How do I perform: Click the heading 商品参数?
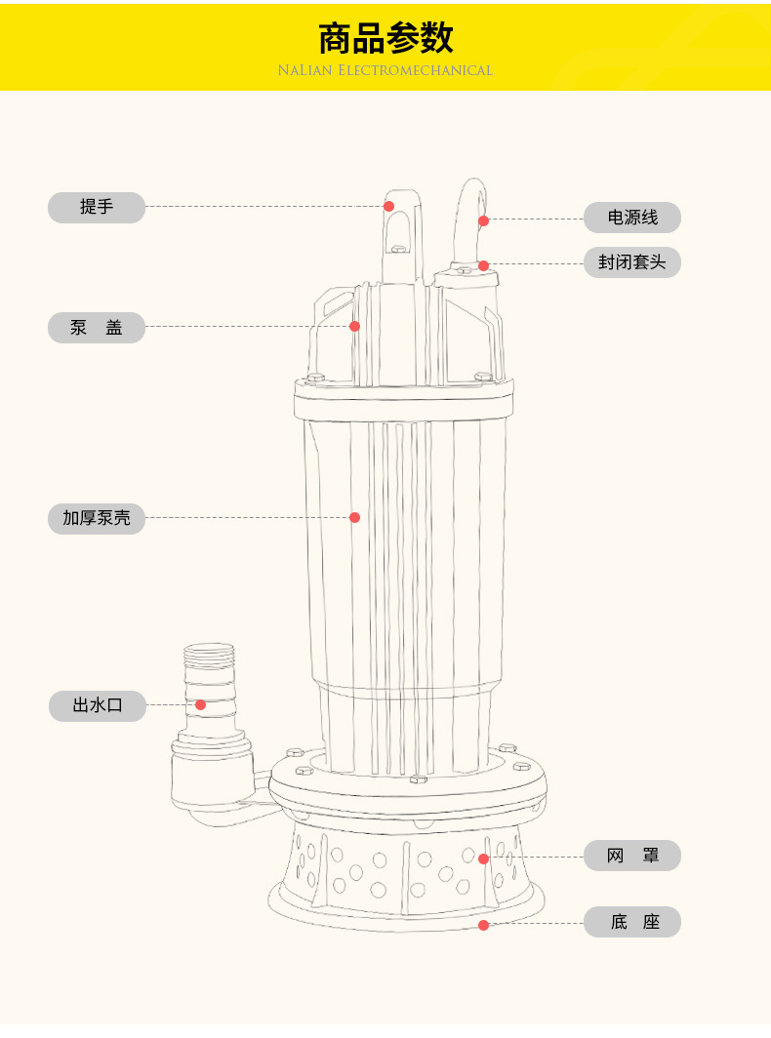pos(385,38)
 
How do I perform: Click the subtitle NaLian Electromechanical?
pos(385,70)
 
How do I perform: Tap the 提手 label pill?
pos(97,207)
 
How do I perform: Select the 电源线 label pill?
pos(631,218)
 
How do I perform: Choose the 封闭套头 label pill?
pos(631,262)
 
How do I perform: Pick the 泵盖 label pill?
pos(97,327)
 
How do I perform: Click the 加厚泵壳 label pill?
pos(97,518)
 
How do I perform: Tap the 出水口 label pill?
pos(98,705)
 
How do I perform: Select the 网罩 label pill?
pos(631,856)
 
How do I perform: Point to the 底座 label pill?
pos(631,922)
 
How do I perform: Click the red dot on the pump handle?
pos(388,206)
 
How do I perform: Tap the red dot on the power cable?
pos(483,220)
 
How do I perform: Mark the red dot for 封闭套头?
pos(483,265)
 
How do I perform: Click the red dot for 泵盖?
pos(354,326)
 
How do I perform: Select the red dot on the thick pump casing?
pos(354,517)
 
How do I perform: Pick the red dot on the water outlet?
pos(200,705)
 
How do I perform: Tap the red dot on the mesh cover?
pos(483,858)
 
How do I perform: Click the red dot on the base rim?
pos(483,925)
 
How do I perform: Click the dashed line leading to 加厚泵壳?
pos(248,518)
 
